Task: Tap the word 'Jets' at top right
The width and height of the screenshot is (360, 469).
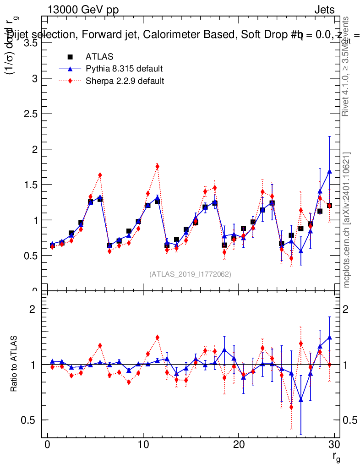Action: (x=324, y=10)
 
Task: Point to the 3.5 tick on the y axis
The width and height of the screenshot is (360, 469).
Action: (x=31, y=43)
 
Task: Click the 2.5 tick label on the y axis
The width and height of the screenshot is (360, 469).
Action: (x=31, y=114)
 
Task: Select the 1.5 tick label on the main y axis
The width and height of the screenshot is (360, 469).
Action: (x=31, y=185)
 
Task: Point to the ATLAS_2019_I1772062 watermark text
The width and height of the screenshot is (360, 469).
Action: (x=190, y=274)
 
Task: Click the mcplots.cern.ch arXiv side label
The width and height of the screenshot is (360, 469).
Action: (x=347, y=220)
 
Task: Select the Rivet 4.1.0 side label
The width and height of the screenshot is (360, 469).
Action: (x=347, y=66)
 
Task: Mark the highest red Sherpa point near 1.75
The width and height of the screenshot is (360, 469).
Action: (x=157, y=167)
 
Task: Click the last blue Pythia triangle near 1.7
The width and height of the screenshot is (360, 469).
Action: (x=329, y=171)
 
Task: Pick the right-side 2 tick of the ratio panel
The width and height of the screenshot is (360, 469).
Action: (x=346, y=309)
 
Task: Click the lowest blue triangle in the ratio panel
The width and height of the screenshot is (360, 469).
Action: (x=301, y=400)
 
